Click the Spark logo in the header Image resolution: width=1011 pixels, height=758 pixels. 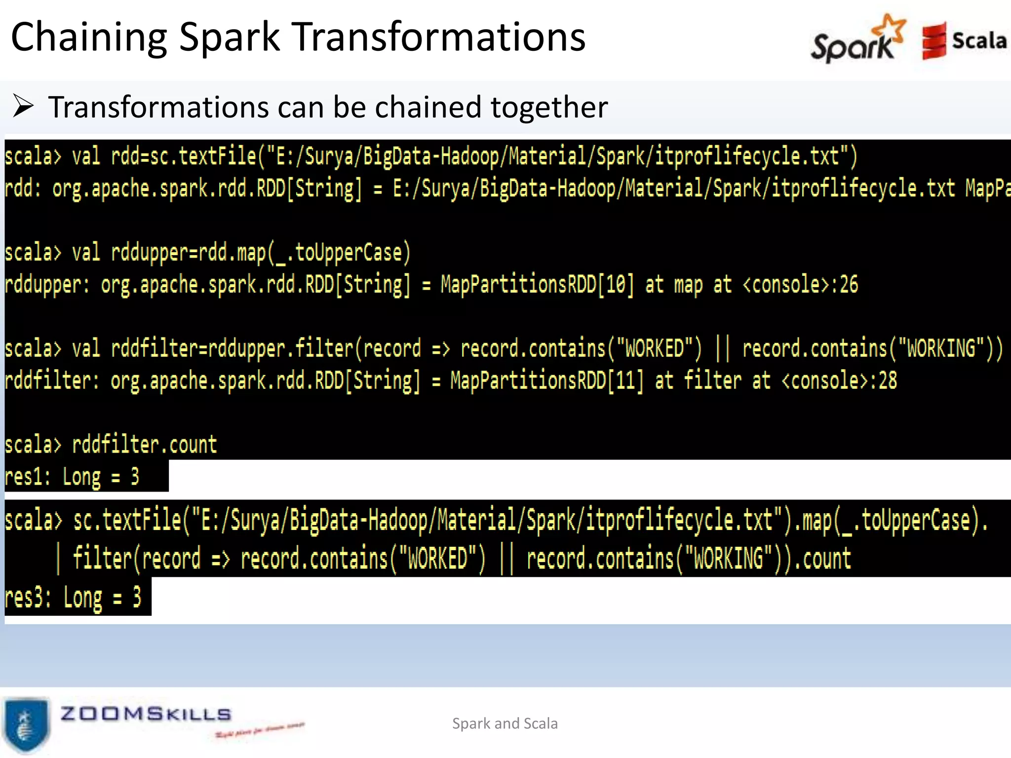click(856, 39)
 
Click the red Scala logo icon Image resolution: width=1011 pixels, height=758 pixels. click(934, 40)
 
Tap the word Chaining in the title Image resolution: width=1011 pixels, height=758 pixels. click(89, 38)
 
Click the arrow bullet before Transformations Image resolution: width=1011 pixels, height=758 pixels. click(23, 106)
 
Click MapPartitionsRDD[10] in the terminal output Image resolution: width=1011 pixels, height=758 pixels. click(537, 285)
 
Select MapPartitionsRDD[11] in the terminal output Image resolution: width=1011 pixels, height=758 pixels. click(547, 381)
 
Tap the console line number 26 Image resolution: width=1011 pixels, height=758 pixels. click(849, 285)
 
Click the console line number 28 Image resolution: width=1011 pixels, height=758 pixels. click(887, 381)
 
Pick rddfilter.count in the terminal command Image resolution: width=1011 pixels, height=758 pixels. click(144, 445)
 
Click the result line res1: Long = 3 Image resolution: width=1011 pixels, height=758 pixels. click(72, 477)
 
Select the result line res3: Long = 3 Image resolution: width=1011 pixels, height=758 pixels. click(73, 598)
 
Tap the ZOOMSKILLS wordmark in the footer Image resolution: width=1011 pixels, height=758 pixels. click(146, 714)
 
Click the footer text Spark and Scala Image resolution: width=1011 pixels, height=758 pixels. click(505, 723)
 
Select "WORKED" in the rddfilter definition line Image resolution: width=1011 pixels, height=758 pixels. click(654, 348)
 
